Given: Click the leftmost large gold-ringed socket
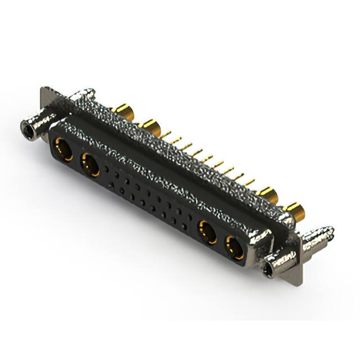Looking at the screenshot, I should [x=61, y=150].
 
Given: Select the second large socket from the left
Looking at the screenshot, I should [x=90, y=166].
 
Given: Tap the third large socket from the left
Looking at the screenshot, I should [x=207, y=232].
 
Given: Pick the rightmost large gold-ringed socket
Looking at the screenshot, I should [x=235, y=247].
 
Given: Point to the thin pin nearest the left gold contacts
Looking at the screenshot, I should [x=166, y=135].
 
